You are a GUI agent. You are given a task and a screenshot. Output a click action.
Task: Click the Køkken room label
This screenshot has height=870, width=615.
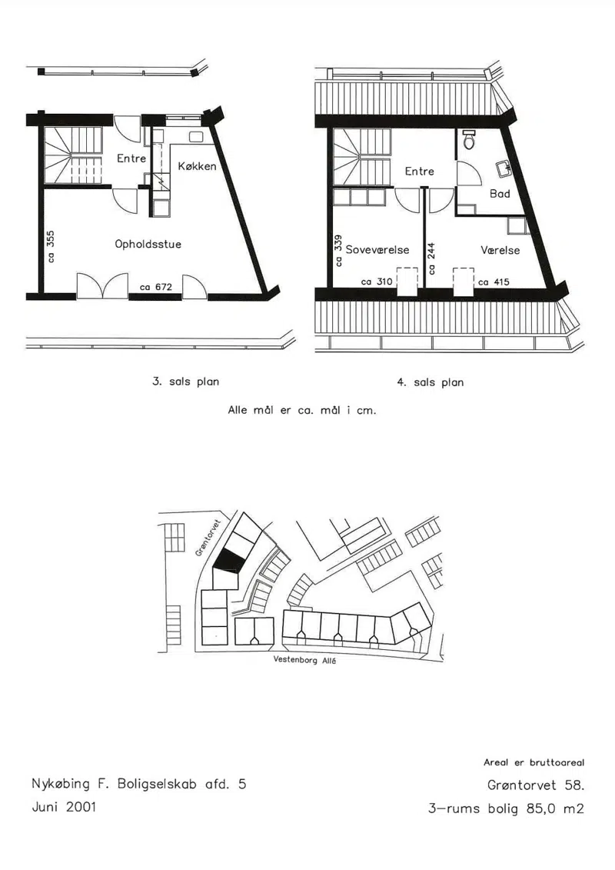tap(198, 166)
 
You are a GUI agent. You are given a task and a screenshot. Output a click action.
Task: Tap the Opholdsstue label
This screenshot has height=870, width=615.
tap(148, 244)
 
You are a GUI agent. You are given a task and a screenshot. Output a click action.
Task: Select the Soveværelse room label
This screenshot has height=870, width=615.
tap(377, 250)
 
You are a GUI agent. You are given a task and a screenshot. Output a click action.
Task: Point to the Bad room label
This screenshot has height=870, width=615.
tap(500, 194)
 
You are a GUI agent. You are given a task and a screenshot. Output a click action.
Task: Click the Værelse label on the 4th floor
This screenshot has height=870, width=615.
tap(500, 250)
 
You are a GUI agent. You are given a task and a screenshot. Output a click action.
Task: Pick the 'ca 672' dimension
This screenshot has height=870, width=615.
tap(156, 287)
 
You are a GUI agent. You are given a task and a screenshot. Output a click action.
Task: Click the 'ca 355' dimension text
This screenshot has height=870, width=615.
tap(51, 246)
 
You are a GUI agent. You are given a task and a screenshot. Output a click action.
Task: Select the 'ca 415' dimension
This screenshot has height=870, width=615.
tap(494, 282)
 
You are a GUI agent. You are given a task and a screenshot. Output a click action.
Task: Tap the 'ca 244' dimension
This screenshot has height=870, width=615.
tap(431, 258)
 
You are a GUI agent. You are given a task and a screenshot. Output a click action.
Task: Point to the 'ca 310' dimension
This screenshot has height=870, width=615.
tap(377, 282)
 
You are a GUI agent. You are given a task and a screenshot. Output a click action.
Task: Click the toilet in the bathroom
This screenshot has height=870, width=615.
tap(469, 140)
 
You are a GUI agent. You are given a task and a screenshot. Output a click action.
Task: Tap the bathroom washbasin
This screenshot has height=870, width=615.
tap(504, 168)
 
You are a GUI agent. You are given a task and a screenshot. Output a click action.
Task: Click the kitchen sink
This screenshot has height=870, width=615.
tap(196, 136)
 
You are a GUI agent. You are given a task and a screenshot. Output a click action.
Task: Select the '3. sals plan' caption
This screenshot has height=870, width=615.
tap(186, 382)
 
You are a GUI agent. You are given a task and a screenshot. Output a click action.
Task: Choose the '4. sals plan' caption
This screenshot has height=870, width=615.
tap(430, 382)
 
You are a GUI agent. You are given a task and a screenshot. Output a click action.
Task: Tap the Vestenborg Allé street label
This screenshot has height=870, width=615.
tap(304, 660)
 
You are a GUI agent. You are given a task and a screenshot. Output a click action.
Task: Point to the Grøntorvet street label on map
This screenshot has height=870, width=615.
tap(208, 538)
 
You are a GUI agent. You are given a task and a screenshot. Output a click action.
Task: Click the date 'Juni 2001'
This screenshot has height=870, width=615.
tap(64, 807)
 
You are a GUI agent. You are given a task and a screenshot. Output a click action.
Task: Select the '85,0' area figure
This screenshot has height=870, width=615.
tap(540, 808)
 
